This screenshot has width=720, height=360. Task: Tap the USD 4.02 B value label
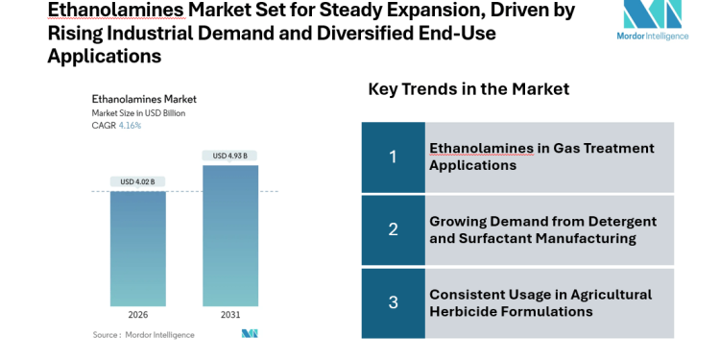pos(137,181)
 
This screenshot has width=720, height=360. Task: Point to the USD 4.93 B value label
pos(230,156)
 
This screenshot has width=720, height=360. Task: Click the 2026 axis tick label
pos(137,315)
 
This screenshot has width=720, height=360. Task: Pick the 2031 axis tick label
pos(230,315)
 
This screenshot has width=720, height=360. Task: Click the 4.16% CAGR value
pos(131,126)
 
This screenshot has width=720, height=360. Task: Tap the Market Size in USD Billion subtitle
pos(139,113)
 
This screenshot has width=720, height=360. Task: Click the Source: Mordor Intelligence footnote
pos(143,335)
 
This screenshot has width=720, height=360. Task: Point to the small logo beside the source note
pos(250,334)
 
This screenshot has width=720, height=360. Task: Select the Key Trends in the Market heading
pos(468,89)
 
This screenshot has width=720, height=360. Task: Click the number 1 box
pos(393,156)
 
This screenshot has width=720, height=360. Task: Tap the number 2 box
pos(393,229)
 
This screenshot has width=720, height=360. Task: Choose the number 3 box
pos(393,302)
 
